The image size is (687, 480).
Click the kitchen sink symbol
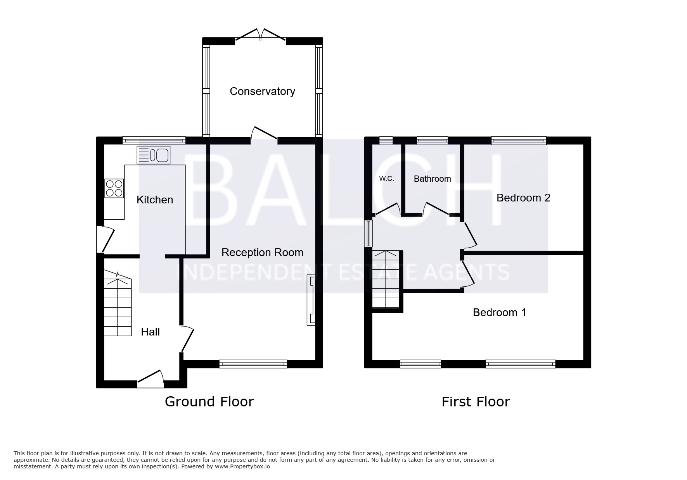coord(153,155)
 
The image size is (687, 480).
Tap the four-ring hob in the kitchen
coord(114,188)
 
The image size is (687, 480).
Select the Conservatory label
coord(262,91)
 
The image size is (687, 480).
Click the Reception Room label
coord(262,253)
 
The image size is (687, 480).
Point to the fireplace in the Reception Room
coord(311,300)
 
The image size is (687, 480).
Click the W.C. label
coord(386,179)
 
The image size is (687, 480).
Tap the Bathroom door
coord(436,208)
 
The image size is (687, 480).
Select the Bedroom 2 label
coord(523,198)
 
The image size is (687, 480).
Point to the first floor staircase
coord(386,280)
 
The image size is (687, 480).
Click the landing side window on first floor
coord(368,234)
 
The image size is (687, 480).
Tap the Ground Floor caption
coord(209,402)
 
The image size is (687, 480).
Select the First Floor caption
coord(476,402)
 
